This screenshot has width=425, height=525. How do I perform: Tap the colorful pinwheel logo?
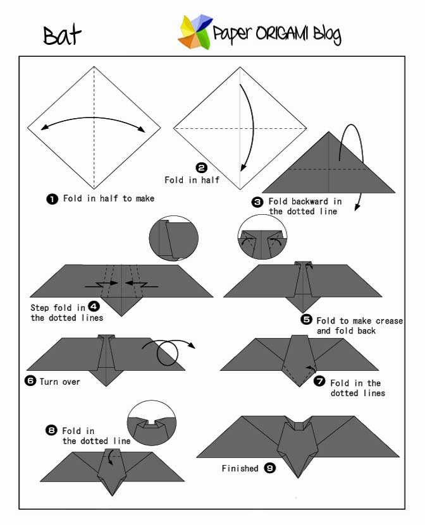[195, 32]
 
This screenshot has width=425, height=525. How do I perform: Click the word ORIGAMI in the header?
[282, 33]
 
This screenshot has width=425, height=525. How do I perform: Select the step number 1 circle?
[52, 199]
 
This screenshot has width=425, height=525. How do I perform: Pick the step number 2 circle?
[201, 168]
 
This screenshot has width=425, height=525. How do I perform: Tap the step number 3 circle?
[257, 202]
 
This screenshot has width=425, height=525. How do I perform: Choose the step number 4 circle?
[94, 306]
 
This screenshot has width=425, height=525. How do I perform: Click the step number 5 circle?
[306, 320]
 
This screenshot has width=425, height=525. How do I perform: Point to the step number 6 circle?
[30, 381]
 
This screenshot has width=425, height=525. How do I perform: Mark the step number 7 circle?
[319, 381]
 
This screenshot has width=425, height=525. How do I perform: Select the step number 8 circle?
[51, 430]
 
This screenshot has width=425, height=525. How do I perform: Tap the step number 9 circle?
[270, 468]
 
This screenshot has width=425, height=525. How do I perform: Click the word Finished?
[240, 468]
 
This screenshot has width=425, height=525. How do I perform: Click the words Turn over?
[60, 382]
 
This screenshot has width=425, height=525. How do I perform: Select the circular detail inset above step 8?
[152, 423]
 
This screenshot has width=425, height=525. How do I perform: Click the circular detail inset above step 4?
[174, 238]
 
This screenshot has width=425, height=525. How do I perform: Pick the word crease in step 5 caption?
[389, 321]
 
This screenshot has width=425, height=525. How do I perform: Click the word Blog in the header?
[328, 35]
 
